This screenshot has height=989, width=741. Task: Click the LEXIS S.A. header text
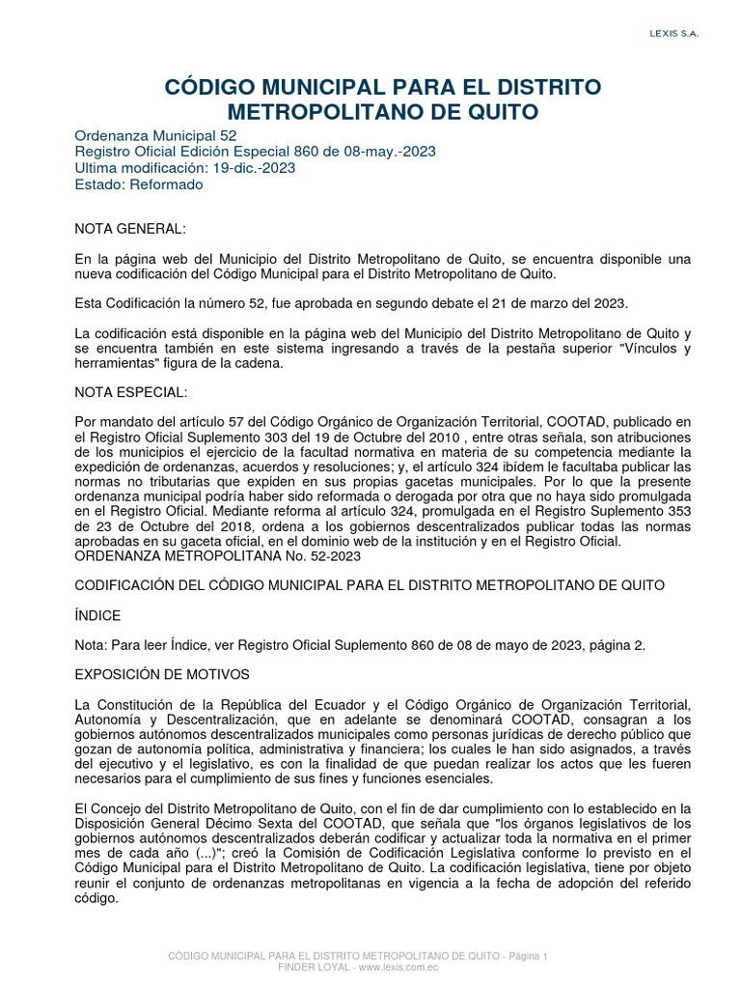pyautogui.click(x=673, y=34)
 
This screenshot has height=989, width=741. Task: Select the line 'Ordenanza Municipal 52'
pyautogui.click(x=155, y=136)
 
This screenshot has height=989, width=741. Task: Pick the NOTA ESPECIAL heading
pyautogui.click(x=131, y=393)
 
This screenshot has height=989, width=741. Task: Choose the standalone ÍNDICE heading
pyautogui.click(x=98, y=615)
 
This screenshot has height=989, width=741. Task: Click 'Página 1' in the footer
pyautogui.click(x=526, y=955)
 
